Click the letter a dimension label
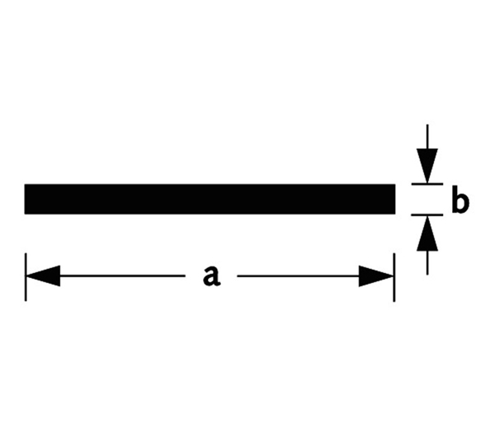[x=212, y=276]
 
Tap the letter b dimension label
[x=461, y=201]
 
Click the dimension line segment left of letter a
[x=124, y=276]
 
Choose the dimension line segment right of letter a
[x=297, y=276]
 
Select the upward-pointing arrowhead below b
[x=427, y=234]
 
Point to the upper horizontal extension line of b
[x=427, y=184]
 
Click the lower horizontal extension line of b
[x=427, y=215]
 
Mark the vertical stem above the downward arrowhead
[x=427, y=136]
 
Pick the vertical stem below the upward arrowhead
[x=427, y=262]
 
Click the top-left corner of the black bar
[x=26, y=185]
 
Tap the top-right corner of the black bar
[x=395, y=185]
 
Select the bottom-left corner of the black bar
[x=26, y=213]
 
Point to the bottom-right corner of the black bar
[x=395, y=213]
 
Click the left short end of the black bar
[x=26, y=199]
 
